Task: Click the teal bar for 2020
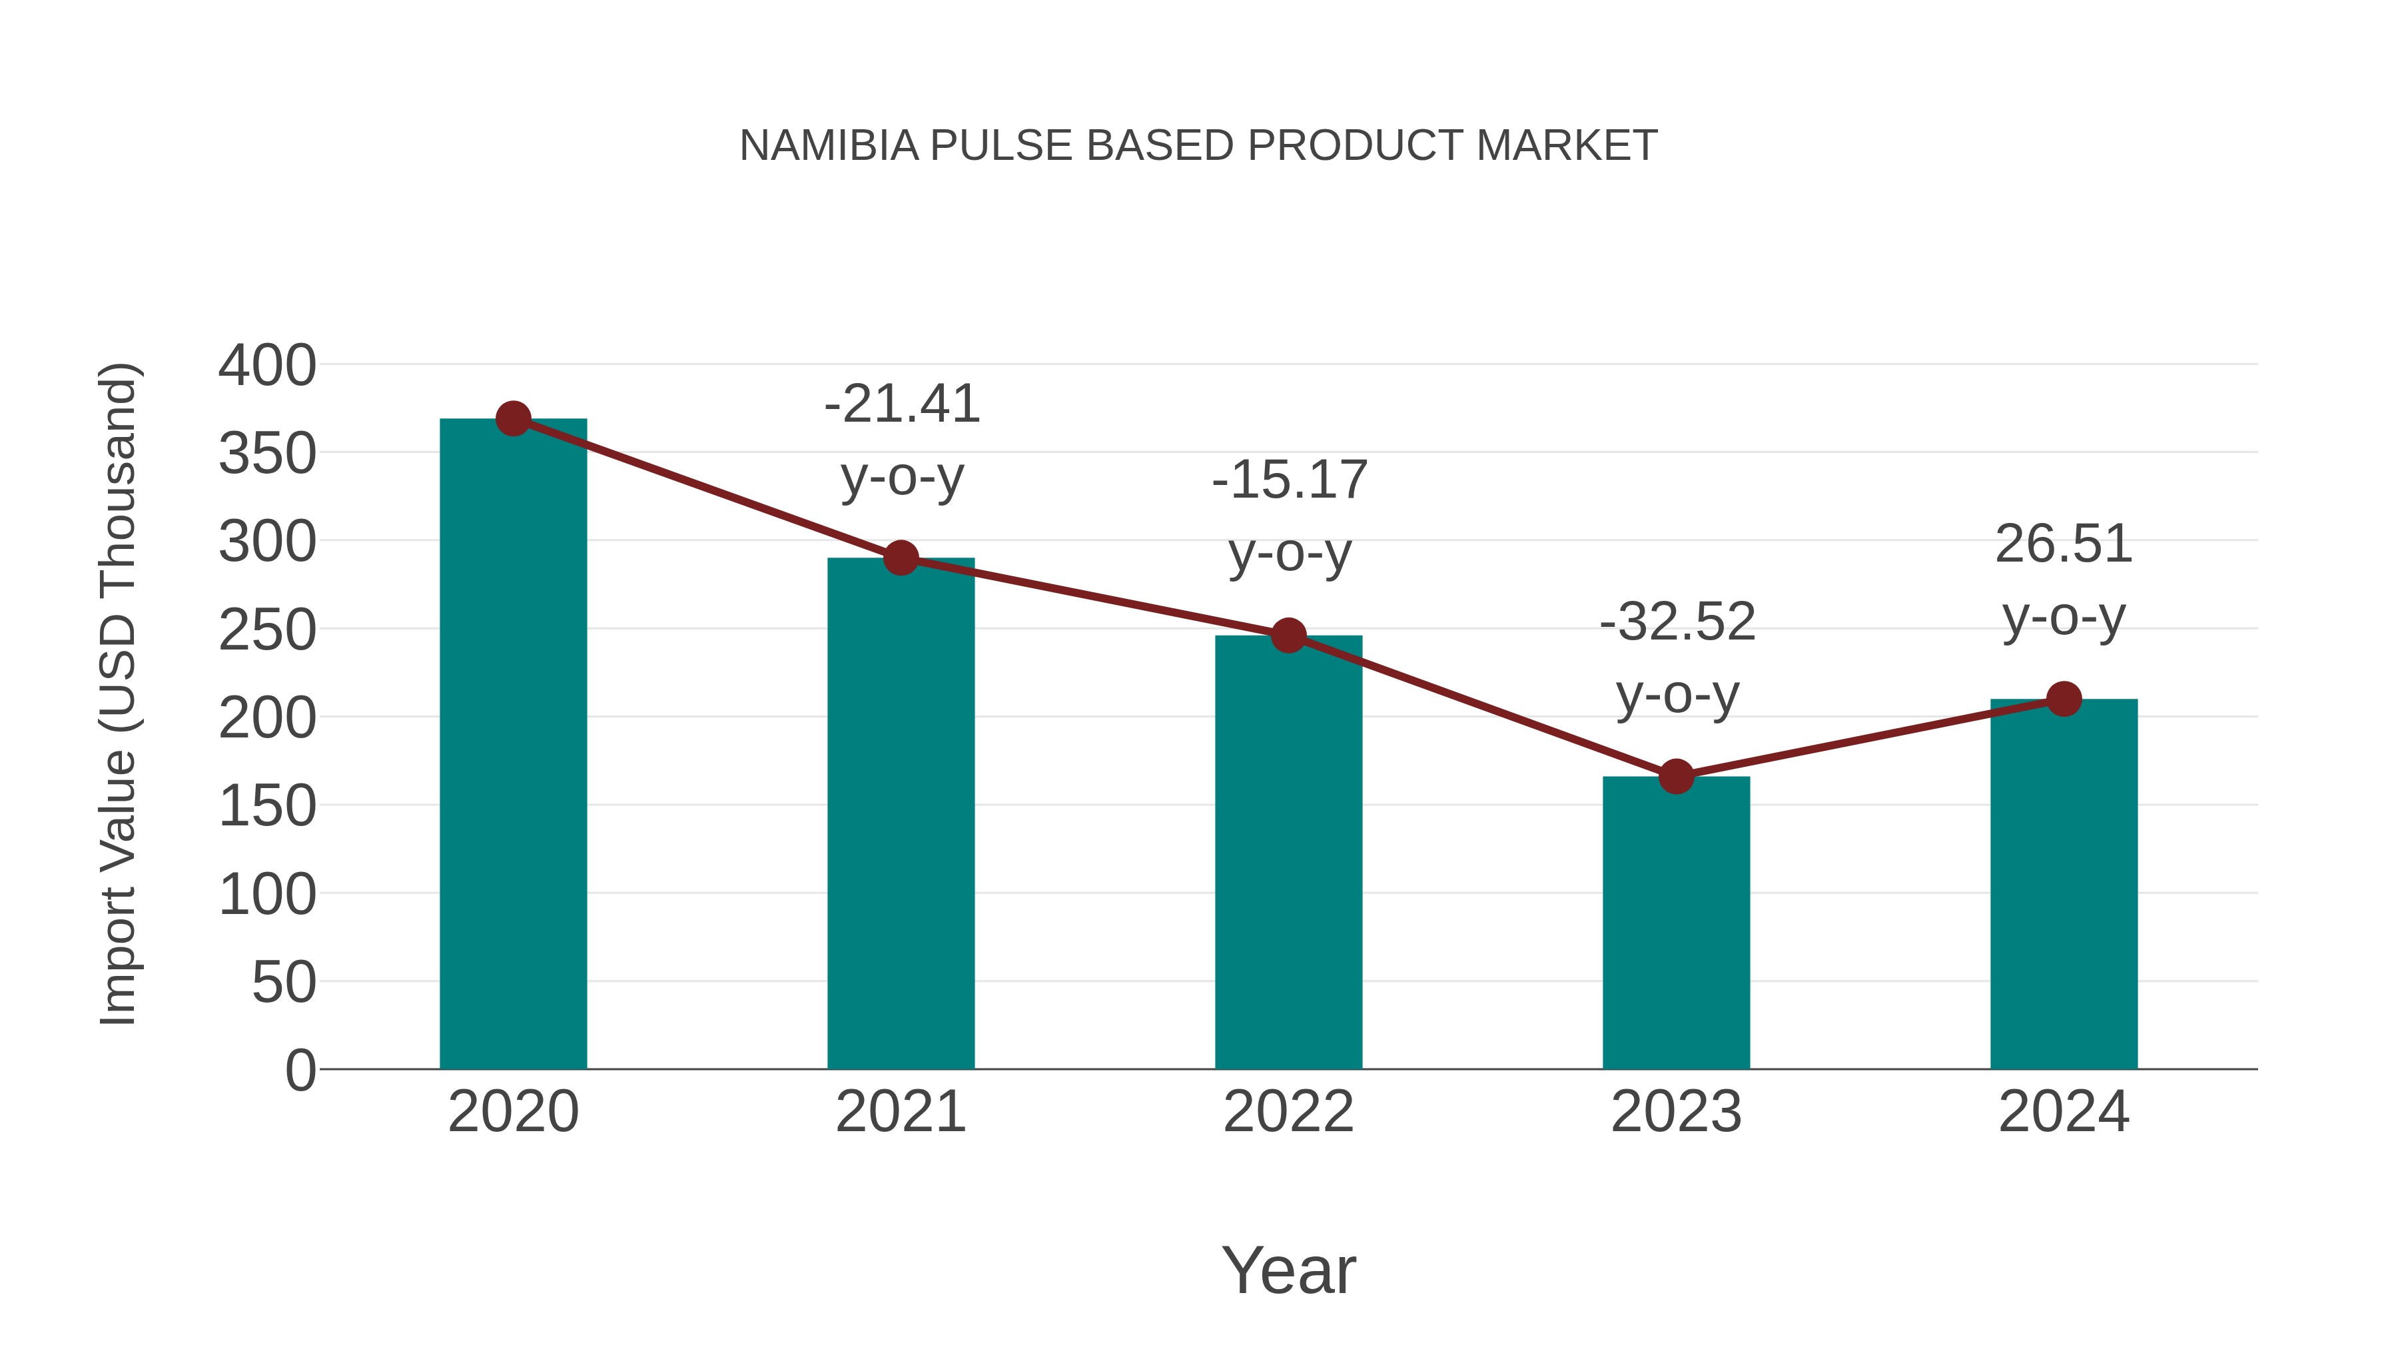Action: tap(513, 745)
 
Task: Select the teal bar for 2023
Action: tap(1676, 922)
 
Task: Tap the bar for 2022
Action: tap(1288, 852)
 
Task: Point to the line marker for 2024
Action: tap(2064, 698)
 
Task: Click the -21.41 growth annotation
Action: tap(902, 404)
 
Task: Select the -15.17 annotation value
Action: tap(1290, 480)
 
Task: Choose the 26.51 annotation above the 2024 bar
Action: tap(2064, 544)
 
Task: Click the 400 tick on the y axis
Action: tap(267, 366)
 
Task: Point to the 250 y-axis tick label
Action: tap(267, 630)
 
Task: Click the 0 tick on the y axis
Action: tap(300, 1071)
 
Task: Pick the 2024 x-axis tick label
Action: tap(2064, 1112)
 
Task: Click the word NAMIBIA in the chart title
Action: tap(829, 146)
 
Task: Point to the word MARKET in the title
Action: tap(1567, 146)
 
